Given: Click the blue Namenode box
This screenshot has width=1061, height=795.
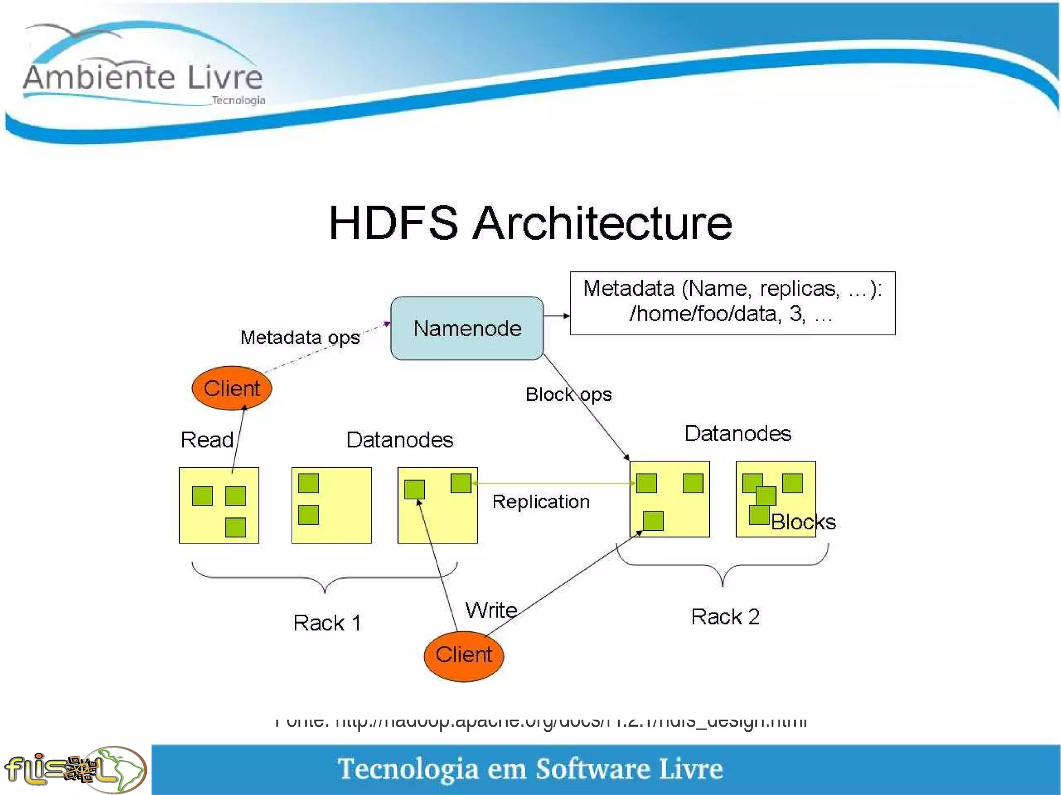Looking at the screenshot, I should click(x=467, y=328).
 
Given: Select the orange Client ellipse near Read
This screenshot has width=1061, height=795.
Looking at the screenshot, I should click(x=232, y=388).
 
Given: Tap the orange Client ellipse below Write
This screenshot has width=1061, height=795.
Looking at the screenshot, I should click(x=464, y=655).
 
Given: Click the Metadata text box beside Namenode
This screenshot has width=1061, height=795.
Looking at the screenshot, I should click(x=732, y=303).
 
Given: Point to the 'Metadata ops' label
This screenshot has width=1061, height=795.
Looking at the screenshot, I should click(x=300, y=338).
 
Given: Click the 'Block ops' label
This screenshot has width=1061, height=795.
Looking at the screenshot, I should click(x=568, y=395).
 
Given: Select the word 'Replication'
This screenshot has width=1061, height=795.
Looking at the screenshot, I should click(x=541, y=501).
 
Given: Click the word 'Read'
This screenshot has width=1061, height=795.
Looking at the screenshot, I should click(x=207, y=440).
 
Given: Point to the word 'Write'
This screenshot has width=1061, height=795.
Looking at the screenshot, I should click(x=491, y=610).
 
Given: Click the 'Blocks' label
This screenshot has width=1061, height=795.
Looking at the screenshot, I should click(x=803, y=522).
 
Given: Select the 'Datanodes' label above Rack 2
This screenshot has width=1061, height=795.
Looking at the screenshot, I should click(x=738, y=433).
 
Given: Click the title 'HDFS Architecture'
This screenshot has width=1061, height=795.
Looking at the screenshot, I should click(x=530, y=223).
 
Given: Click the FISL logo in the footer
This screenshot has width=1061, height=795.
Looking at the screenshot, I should click(x=75, y=769).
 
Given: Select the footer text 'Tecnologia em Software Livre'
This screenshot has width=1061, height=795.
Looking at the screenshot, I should click(x=530, y=769).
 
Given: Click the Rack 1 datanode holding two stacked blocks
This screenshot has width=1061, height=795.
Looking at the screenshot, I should click(x=332, y=505).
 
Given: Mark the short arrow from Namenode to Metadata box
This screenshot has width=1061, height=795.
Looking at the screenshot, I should click(x=557, y=315).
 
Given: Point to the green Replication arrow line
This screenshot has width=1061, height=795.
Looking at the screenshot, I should click(x=553, y=483).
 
